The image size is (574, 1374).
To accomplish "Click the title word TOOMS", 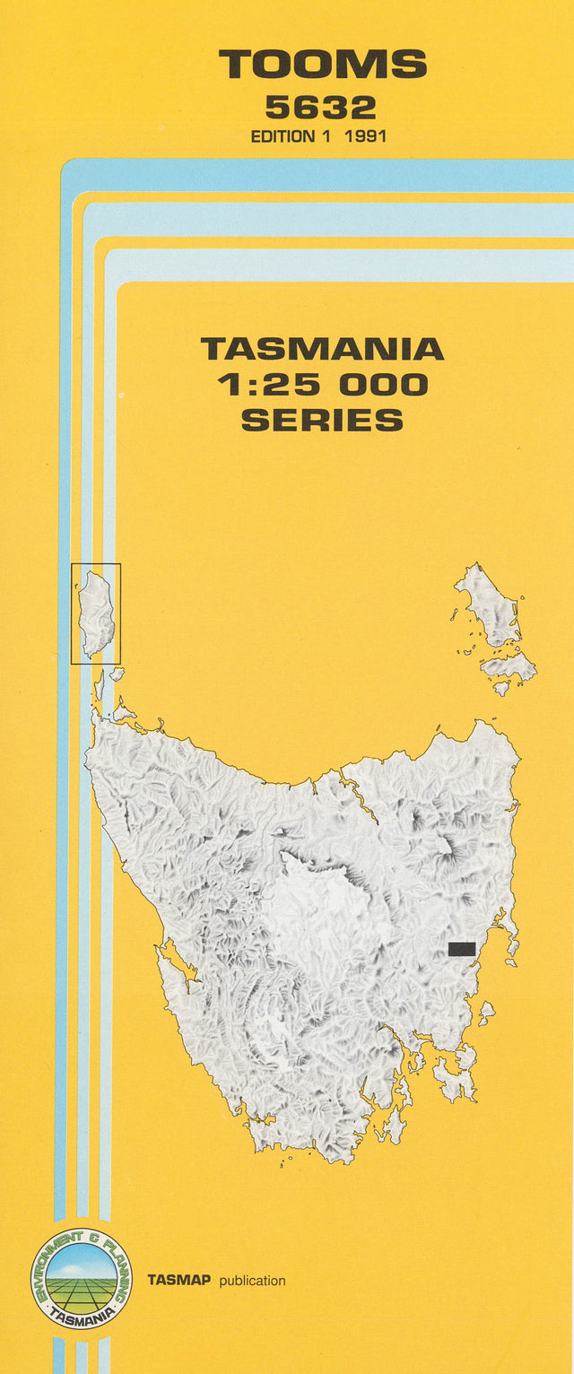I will (323, 65).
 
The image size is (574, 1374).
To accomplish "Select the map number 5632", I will (320, 108).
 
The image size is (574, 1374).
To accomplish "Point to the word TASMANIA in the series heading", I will (322, 349).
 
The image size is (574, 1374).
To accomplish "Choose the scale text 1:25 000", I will (322, 385).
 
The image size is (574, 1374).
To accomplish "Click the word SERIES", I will (322, 420).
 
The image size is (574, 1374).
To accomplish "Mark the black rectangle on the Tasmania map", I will (461, 949).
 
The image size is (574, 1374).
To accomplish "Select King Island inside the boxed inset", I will (96, 613).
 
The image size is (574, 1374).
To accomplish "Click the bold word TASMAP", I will (179, 1281).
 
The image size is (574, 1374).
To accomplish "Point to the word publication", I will (252, 1281).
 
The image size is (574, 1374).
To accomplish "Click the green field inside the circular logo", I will (80, 1291).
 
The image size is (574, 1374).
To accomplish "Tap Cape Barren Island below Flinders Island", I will (508, 666).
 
